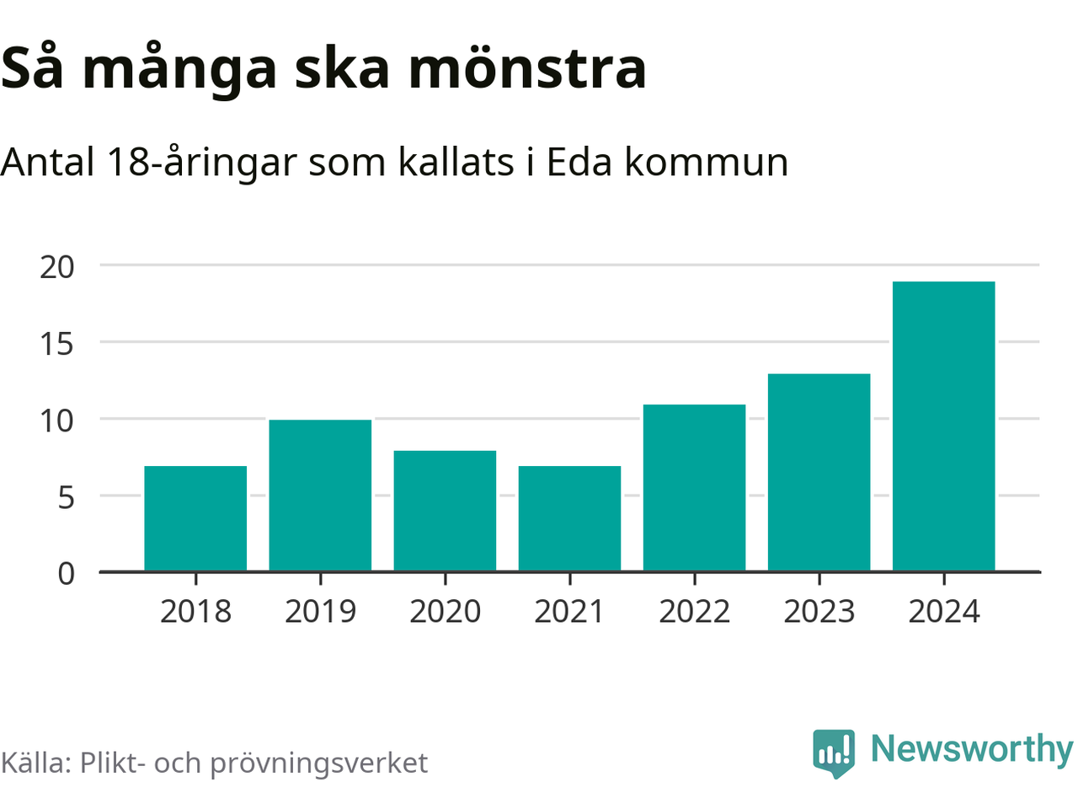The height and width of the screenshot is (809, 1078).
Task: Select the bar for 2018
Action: coord(195,519)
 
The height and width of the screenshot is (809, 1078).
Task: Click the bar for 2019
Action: coord(320,496)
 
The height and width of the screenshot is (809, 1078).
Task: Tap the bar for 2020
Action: coord(445,512)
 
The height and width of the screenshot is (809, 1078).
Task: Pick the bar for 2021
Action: coord(569,519)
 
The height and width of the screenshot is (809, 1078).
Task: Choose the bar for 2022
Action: coord(694,488)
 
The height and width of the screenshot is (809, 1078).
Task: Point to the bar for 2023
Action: coord(819,473)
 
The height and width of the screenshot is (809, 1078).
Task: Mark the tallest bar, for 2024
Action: coord(943,426)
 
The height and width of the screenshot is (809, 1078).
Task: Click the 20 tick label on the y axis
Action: coord(57,267)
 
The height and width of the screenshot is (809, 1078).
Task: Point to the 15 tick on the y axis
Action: coord(57,344)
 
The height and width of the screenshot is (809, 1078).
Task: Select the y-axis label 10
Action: coord(57,421)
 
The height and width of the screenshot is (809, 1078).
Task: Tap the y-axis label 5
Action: coord(66,497)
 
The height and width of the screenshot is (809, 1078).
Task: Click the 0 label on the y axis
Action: coord(66,574)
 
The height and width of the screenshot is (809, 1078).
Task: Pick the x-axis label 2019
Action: coord(320,612)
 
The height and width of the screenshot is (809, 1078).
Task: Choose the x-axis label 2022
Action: coord(694,612)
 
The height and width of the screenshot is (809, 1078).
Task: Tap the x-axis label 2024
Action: coord(943,612)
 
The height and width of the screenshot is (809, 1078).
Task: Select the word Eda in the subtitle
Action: coord(579,162)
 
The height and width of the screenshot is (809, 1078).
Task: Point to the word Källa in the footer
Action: coord(35,763)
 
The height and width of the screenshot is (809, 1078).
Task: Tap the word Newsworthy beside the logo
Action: coord(971,748)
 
